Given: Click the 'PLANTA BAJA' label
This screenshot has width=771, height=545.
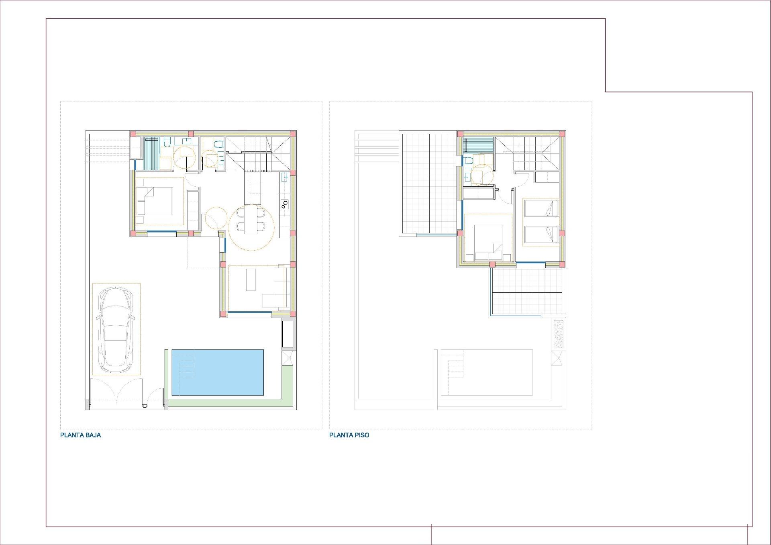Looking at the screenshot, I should (x=80, y=435).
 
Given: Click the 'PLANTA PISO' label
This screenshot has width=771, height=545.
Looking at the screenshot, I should (x=349, y=435).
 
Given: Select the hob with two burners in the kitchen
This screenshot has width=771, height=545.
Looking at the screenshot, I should (x=285, y=204).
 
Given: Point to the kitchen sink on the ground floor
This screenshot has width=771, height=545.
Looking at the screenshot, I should (x=285, y=177).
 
